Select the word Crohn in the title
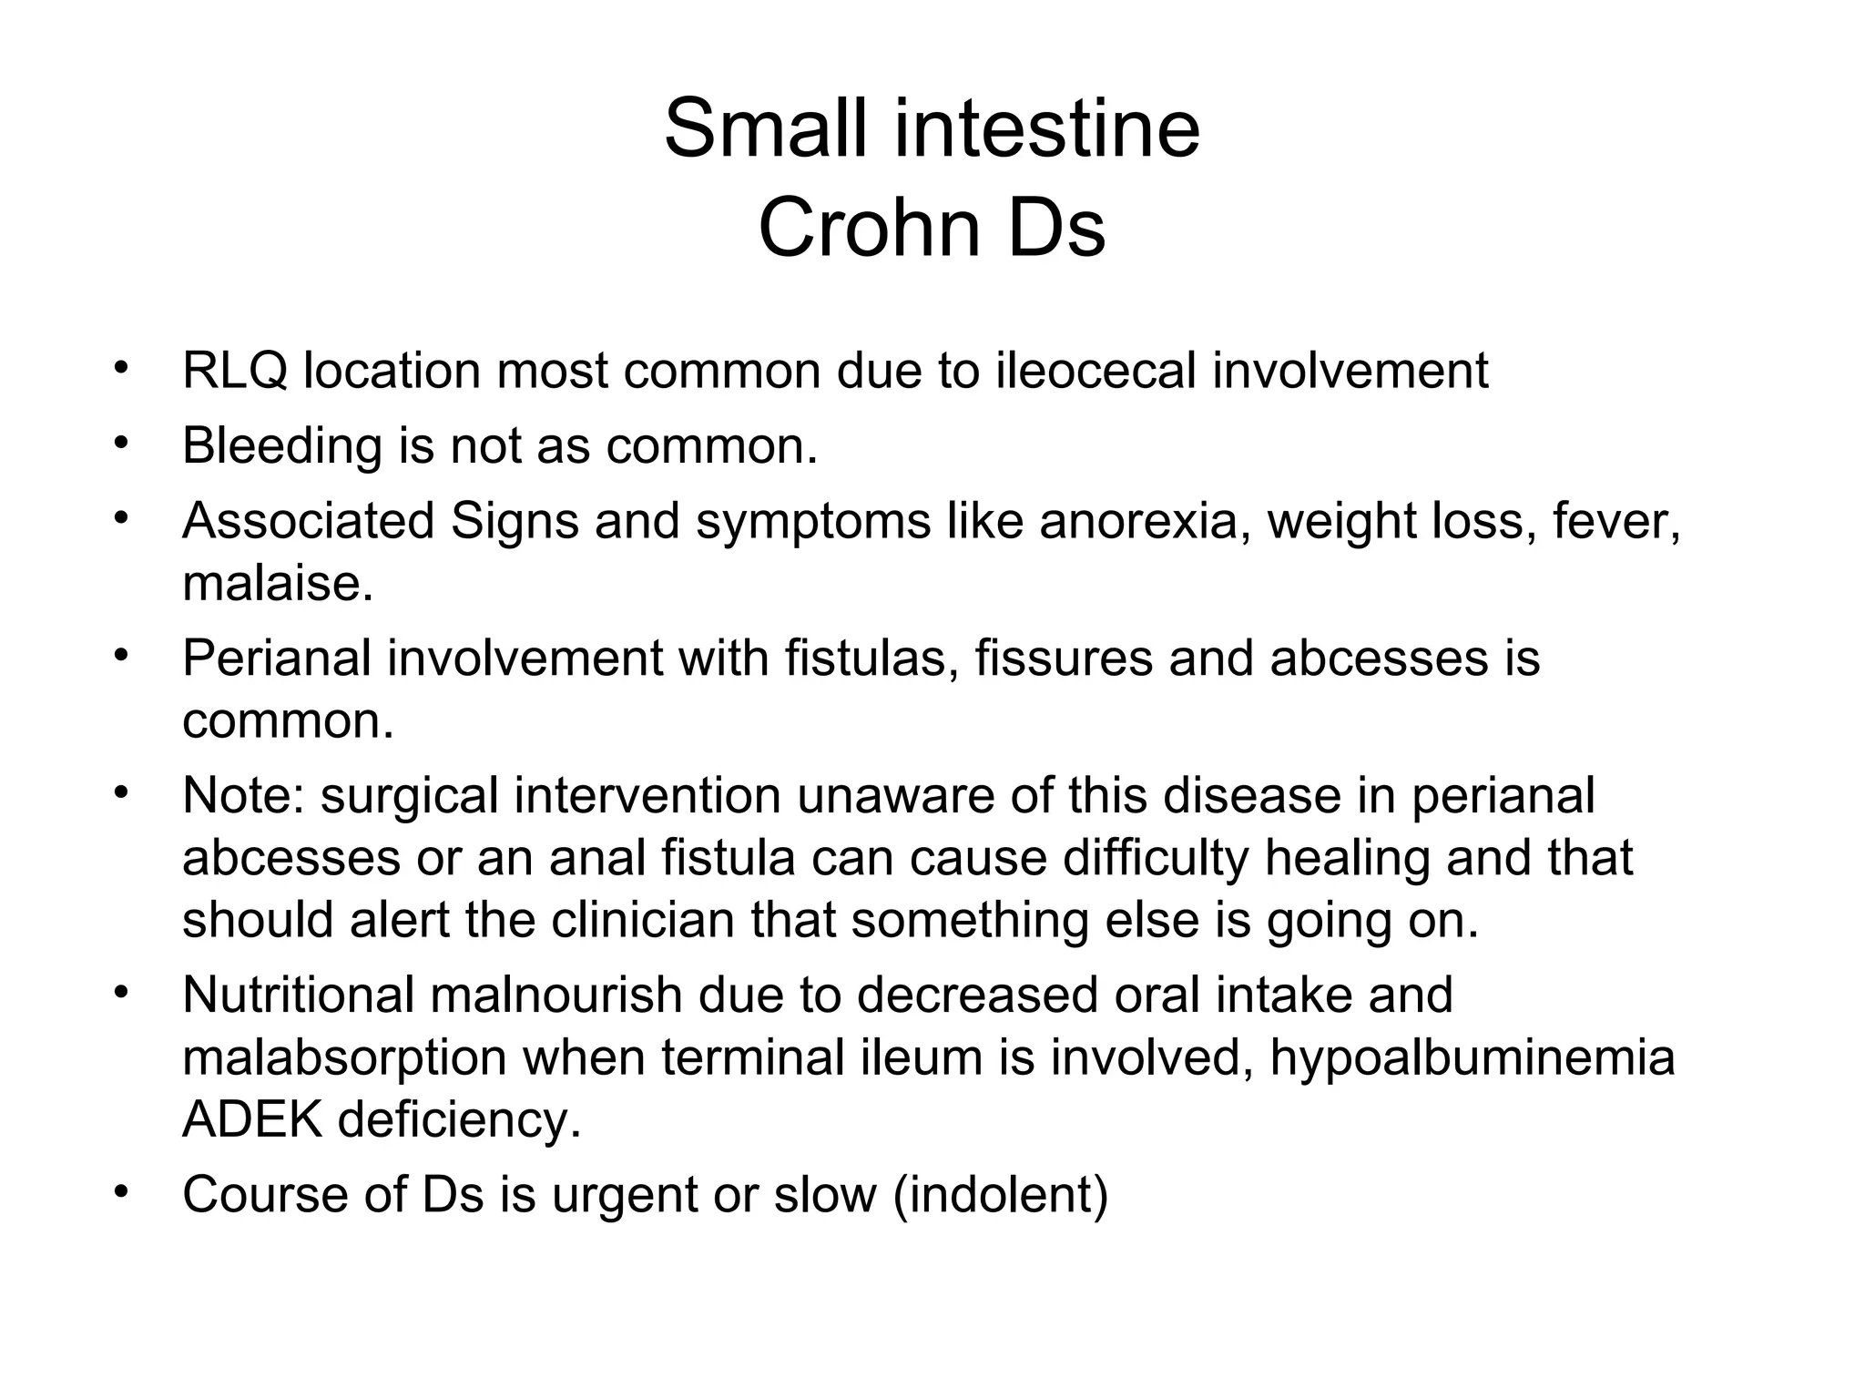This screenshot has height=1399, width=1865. [870, 228]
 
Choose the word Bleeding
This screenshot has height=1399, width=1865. [281, 446]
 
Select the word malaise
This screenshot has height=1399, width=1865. [277, 583]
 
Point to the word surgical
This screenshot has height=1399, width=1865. [409, 795]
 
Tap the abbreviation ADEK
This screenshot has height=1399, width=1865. [252, 1119]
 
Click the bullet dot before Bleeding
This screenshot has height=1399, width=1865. [119, 444]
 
